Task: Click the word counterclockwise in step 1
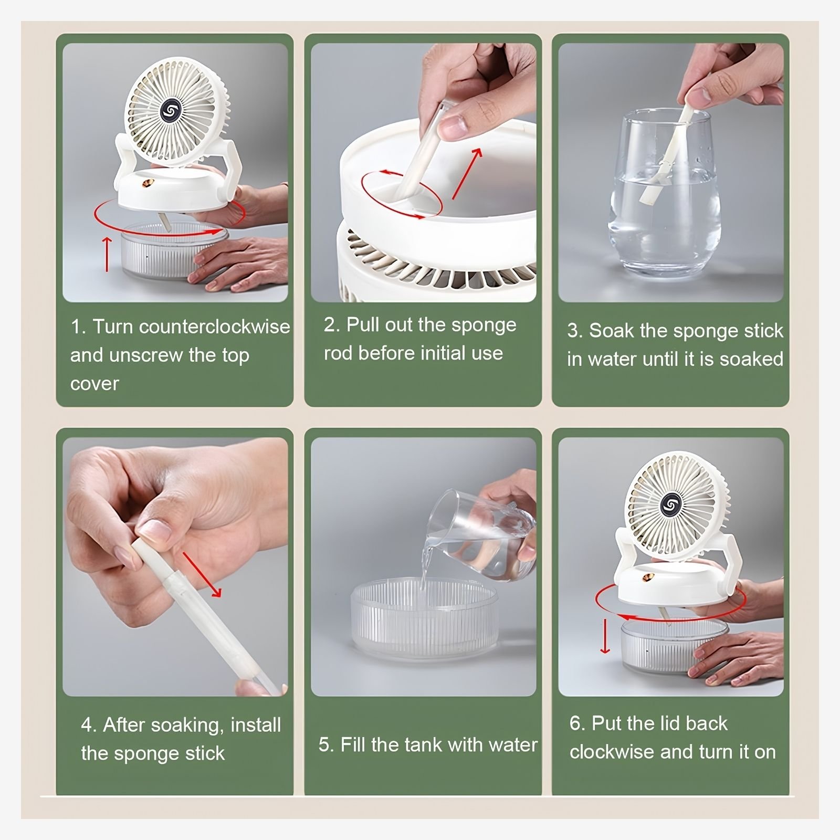click(214, 327)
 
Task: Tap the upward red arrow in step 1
click(107, 254)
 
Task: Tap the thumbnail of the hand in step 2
click(453, 125)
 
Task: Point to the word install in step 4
click(256, 725)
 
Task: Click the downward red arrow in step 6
click(605, 636)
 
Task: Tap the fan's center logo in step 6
click(669, 505)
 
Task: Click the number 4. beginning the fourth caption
click(89, 726)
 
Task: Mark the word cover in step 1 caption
click(94, 384)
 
